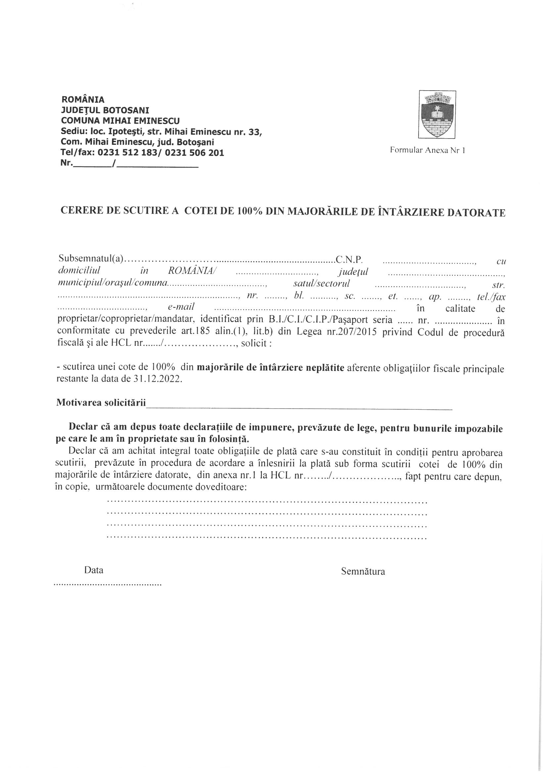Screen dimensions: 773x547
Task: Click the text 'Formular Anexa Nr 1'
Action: pos(427,150)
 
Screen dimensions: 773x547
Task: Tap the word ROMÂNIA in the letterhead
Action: pos(83,100)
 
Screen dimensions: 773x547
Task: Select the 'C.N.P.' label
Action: pos(348,260)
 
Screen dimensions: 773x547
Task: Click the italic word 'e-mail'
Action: pos(181,307)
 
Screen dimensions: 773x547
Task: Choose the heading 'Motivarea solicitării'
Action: pos(101,402)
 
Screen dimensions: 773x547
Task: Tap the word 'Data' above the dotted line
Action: pos(94,570)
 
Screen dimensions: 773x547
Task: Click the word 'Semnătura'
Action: pos(363,571)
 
